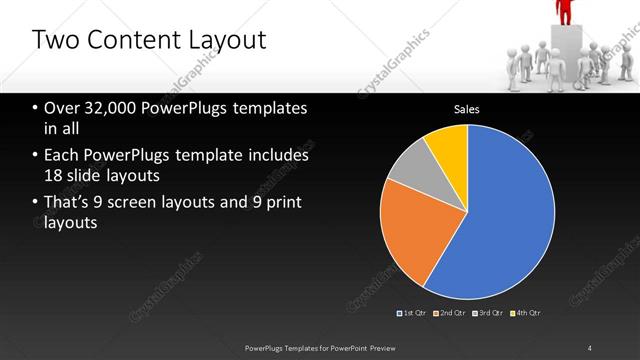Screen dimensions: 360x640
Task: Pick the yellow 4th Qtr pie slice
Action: point(447,146)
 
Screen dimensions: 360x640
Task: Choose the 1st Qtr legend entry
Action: point(412,313)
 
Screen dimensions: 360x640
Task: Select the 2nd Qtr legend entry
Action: point(450,313)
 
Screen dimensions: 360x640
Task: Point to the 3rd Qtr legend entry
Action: point(488,313)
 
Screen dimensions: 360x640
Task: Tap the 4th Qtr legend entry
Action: point(526,313)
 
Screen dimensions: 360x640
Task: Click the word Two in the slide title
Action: point(53,41)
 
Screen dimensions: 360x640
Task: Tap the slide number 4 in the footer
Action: point(590,348)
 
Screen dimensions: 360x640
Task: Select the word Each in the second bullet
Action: point(61,155)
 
